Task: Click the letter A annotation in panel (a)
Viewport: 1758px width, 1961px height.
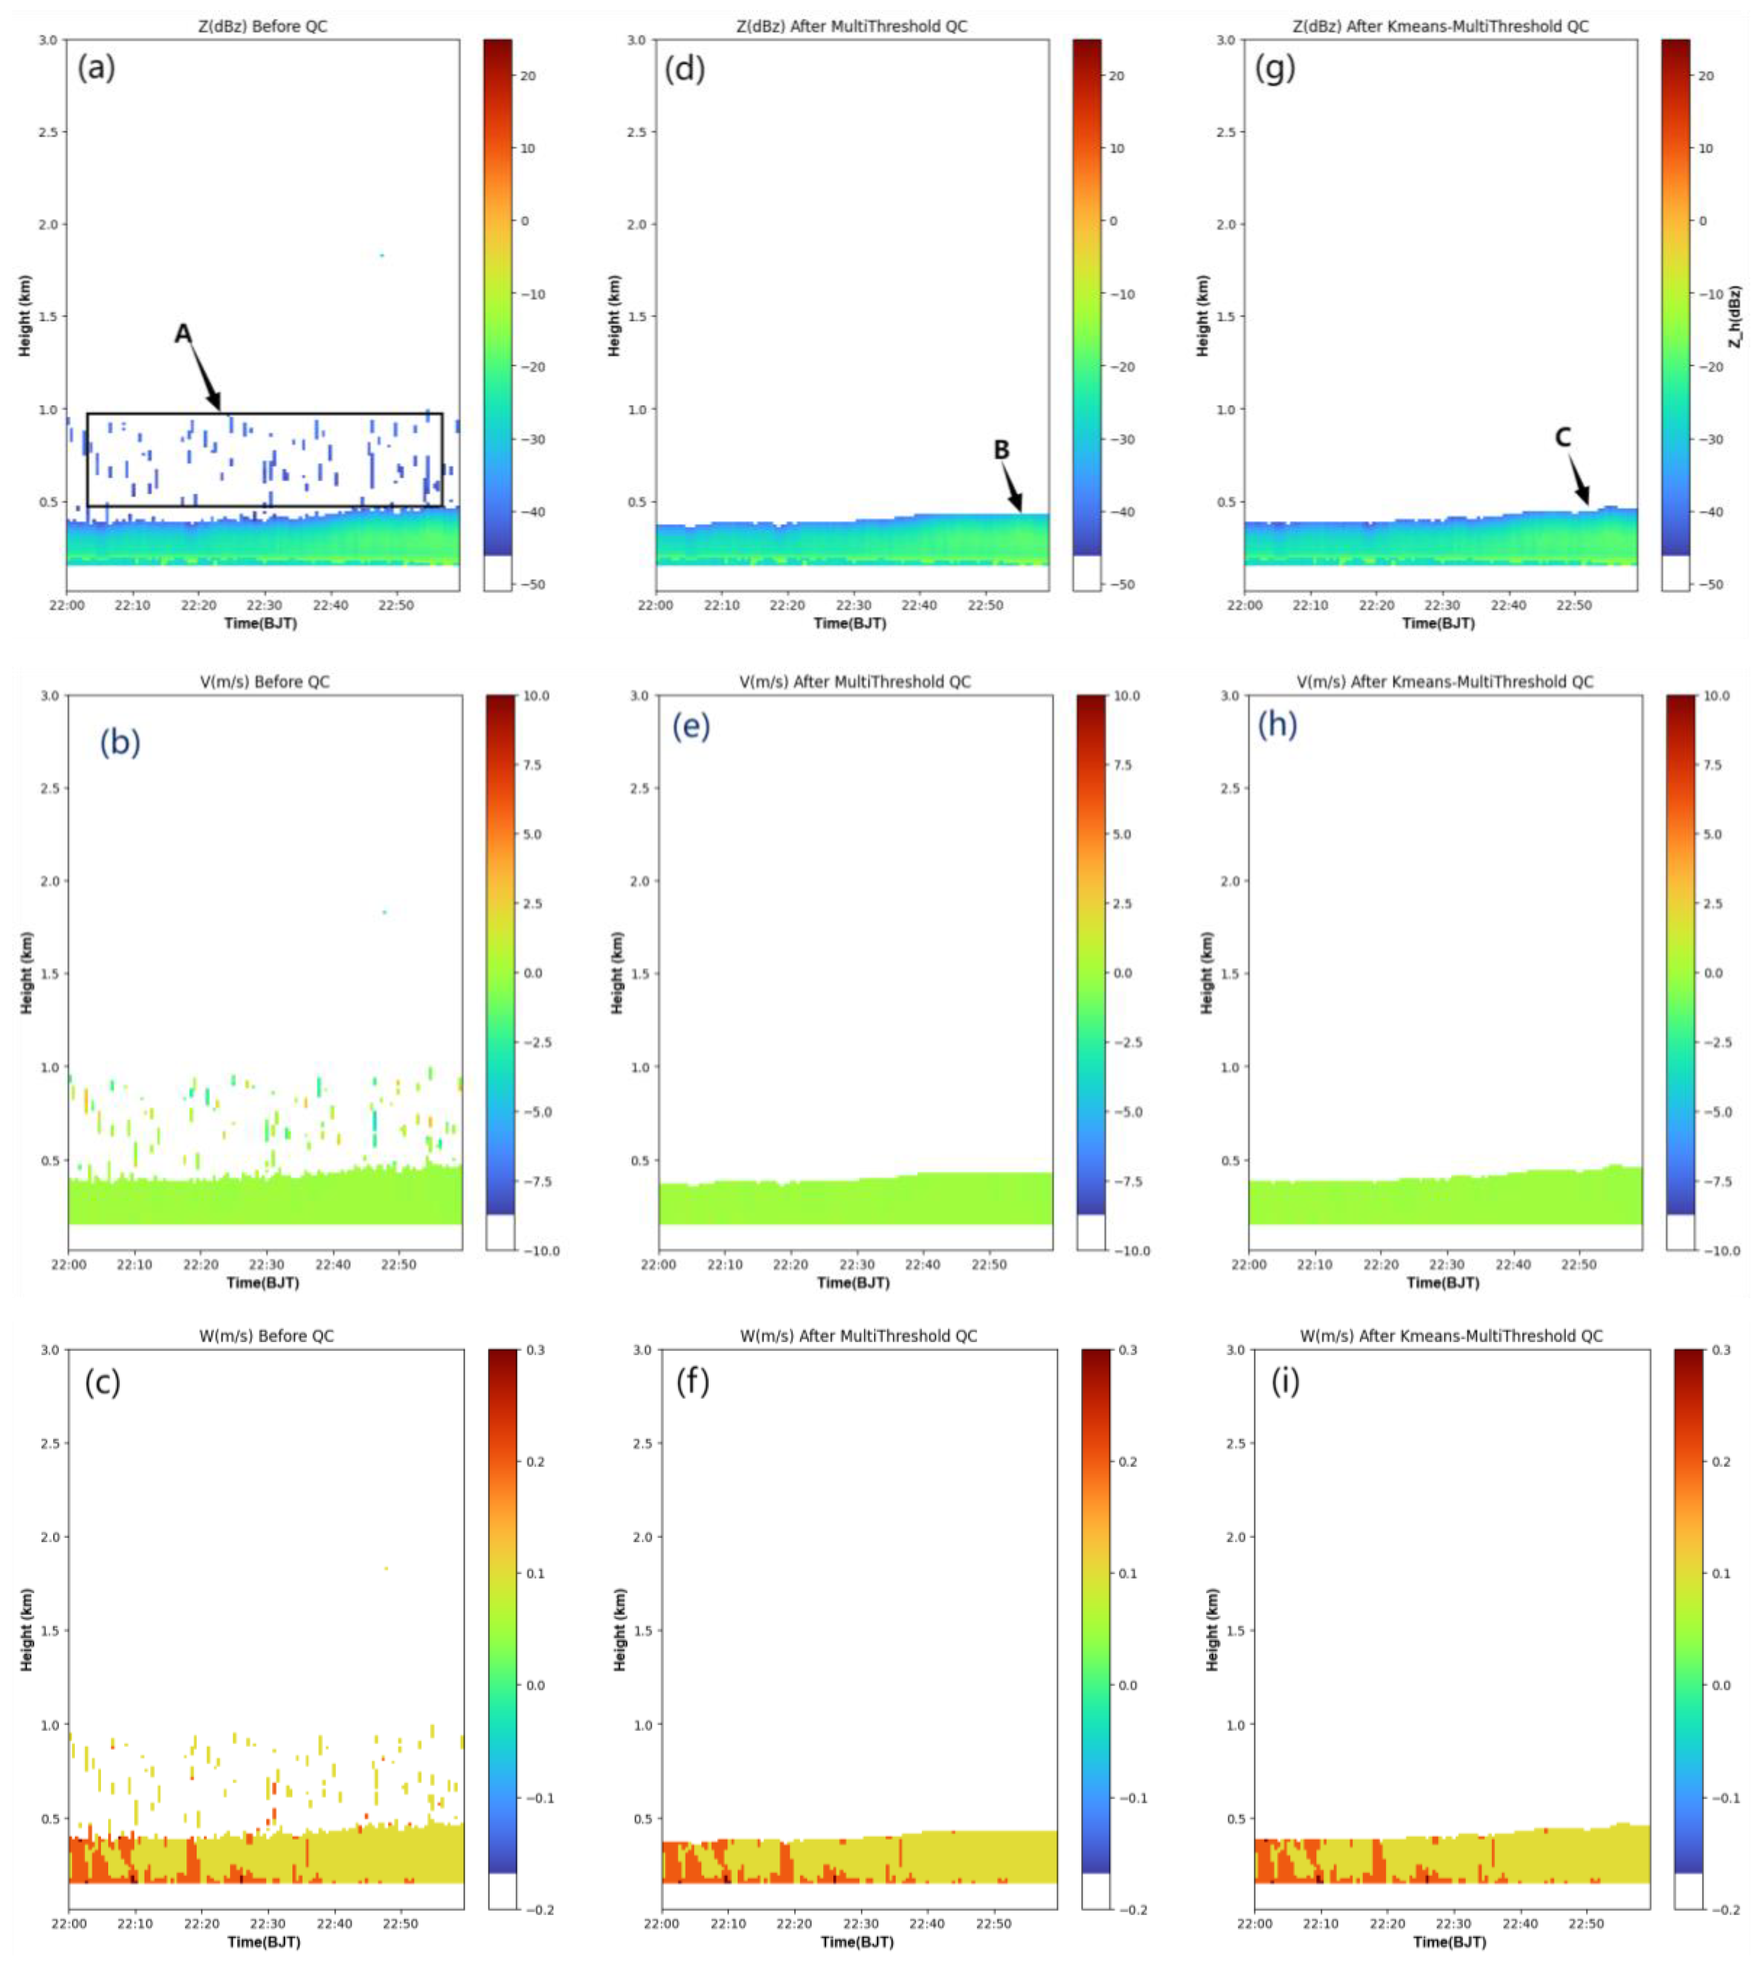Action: point(183,334)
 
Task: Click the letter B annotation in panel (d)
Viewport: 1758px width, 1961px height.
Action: point(1001,450)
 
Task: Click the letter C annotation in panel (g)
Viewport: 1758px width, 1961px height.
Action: point(1563,438)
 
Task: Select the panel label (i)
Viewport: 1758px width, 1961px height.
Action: point(1285,1382)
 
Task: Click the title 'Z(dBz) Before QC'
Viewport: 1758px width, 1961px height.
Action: point(263,26)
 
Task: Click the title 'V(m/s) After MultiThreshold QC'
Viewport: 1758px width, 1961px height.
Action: point(855,682)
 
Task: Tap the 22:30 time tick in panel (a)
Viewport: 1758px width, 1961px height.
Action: point(263,606)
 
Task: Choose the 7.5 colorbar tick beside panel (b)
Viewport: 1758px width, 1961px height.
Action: point(532,765)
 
